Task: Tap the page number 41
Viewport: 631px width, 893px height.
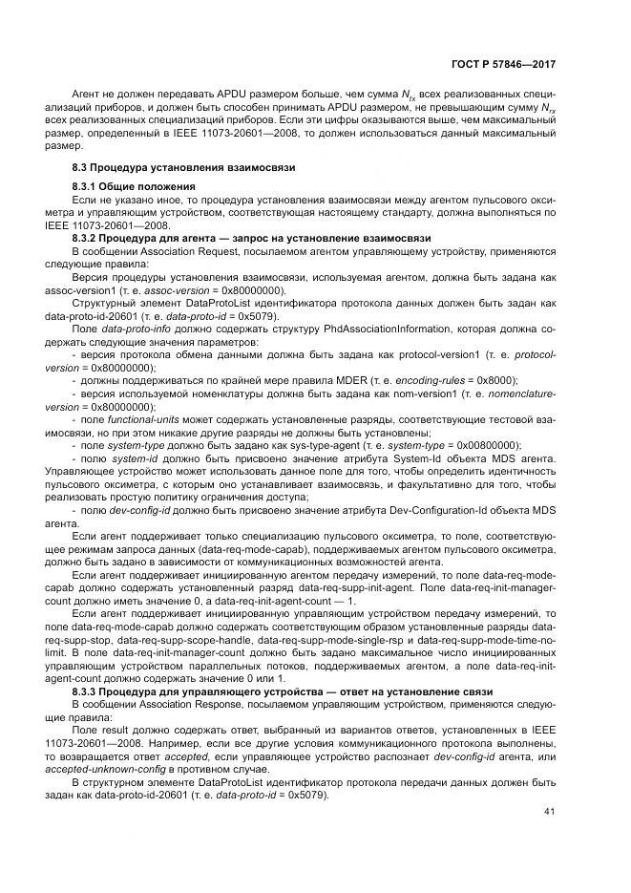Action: pyautogui.click(x=549, y=812)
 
